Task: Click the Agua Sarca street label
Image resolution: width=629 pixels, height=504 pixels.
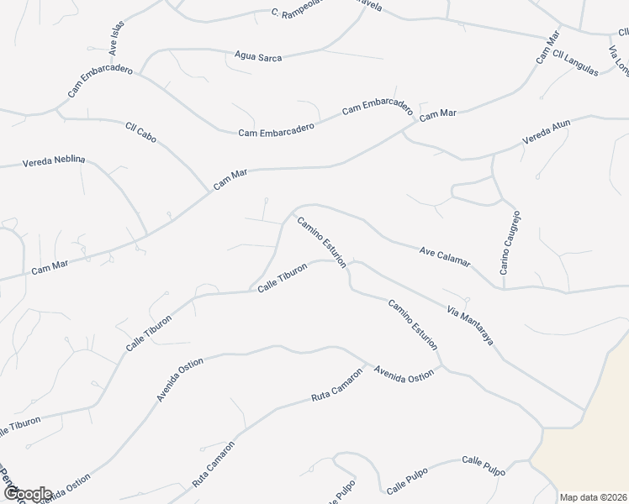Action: coord(260,58)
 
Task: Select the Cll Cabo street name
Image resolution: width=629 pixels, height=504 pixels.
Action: coord(141,134)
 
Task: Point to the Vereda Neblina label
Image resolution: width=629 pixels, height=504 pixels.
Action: coord(54,160)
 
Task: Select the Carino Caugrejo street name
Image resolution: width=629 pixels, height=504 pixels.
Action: coord(511,243)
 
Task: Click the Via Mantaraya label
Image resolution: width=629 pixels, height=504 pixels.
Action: coord(470,327)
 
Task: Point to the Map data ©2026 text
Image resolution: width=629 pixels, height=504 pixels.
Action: coord(593,497)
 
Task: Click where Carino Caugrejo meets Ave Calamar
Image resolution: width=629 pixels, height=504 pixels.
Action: coord(505,287)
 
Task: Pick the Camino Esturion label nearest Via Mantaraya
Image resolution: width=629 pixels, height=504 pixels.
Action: coord(413,323)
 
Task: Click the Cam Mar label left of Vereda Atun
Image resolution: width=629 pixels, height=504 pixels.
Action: coord(437,114)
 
